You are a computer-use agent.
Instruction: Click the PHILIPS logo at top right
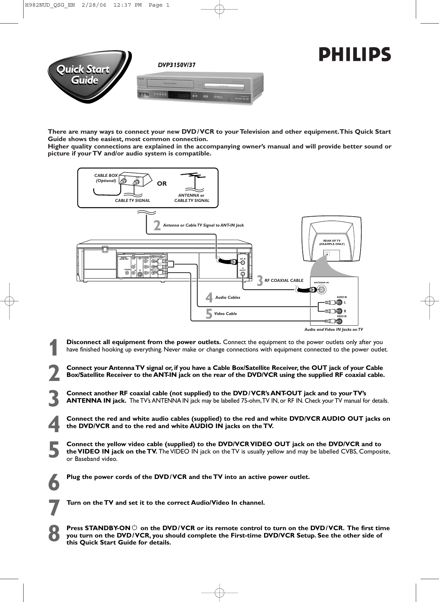click(354, 55)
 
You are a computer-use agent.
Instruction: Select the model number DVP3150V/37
click(176, 65)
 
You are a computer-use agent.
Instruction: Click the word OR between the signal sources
click(162, 183)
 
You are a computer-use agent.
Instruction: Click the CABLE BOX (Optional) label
click(106, 178)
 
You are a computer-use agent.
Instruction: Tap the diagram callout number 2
click(157, 225)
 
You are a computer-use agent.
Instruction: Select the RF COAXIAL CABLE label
click(284, 280)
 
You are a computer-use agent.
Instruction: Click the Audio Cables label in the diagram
click(228, 297)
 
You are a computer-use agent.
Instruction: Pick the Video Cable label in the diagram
click(225, 314)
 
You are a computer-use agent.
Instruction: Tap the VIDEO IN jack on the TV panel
click(342, 321)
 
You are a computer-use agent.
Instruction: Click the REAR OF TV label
click(331, 242)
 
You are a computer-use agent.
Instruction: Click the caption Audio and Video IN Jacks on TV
click(333, 329)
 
